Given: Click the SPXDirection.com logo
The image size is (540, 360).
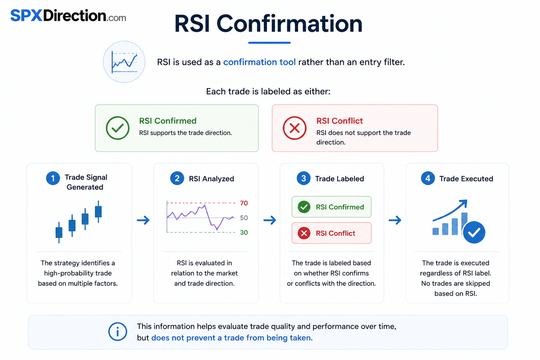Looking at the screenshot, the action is point(68,15).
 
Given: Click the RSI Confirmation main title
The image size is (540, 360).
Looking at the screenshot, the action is point(269,24).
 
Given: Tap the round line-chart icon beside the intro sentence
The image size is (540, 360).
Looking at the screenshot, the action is point(124,62).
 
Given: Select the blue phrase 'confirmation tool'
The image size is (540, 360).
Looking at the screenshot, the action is point(259,62).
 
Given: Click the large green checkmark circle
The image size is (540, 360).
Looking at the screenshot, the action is point(118,128).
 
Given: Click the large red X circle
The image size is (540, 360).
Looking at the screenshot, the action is point(295,128).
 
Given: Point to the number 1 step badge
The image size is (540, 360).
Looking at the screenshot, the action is point(53,178).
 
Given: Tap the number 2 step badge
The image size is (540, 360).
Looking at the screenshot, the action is point(177,178).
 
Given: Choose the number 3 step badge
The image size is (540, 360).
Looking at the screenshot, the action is point(303,178).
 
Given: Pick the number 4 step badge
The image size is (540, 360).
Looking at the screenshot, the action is point(428,178).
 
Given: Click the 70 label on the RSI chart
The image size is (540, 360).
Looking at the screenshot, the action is point(244,203).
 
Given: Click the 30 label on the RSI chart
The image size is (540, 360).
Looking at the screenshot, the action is point(244,232).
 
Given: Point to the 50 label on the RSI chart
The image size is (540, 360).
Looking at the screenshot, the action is point(244,218).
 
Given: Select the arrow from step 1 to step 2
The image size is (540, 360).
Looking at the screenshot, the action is point(143,220).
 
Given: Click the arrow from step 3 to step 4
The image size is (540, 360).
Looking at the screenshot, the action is point(395,220).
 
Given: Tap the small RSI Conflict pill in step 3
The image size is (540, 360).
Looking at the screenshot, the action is point(332,233).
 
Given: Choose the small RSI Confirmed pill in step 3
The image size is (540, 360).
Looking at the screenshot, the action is point(332,207).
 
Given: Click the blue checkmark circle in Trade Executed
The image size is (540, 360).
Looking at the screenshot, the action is point(474,232).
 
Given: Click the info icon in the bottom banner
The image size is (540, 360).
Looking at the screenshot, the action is point(118,332).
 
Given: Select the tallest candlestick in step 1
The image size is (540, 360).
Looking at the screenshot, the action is point(98,212).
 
